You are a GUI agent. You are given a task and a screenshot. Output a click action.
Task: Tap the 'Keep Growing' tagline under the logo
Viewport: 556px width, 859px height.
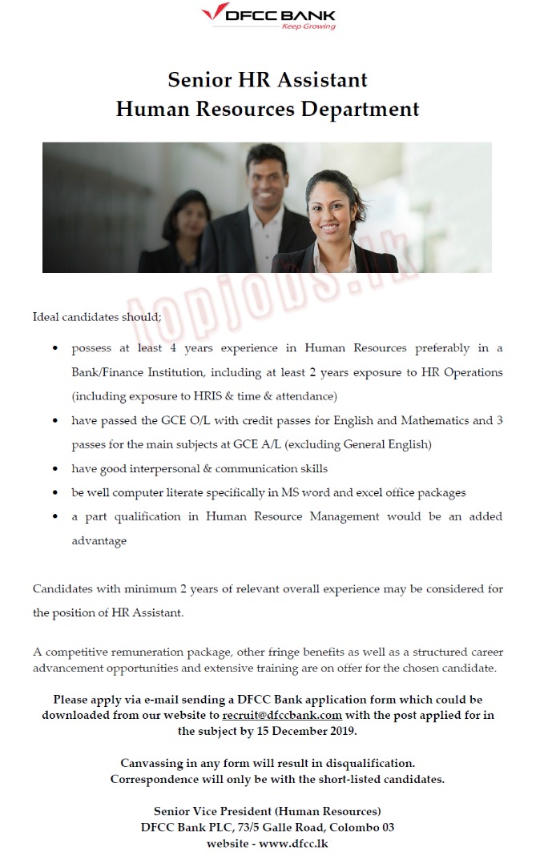coord(308,26)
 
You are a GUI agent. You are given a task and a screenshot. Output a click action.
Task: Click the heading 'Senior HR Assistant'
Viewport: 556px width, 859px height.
coord(268,79)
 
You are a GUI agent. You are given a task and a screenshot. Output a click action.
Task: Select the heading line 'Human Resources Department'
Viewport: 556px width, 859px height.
coord(268,108)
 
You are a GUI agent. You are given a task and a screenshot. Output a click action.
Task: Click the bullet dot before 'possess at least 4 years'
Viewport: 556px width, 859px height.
coord(54,349)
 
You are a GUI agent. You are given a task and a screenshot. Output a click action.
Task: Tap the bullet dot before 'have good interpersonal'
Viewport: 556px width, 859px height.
coord(54,469)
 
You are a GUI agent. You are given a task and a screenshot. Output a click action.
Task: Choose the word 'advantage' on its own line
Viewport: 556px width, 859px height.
coord(99,540)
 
